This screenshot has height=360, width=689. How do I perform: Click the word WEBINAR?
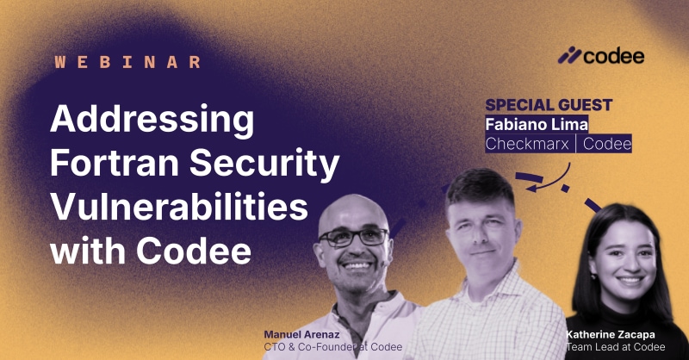click(128, 62)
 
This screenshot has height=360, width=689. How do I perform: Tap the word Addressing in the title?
click(152, 120)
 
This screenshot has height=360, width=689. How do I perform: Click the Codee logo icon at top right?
click(568, 57)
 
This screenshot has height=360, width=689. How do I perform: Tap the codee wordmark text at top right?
click(614, 57)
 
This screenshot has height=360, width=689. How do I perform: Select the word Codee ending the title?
click(201, 252)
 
